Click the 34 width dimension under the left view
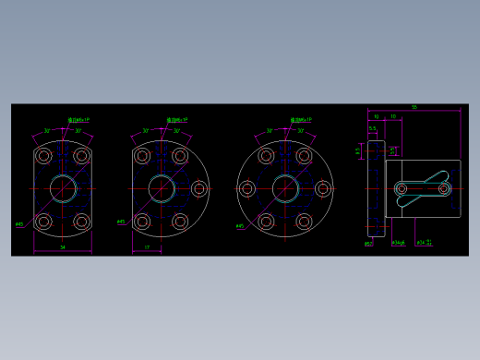click(x=63, y=247)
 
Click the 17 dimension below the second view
click(x=147, y=247)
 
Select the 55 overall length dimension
click(x=414, y=107)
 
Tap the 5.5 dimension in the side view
click(x=372, y=128)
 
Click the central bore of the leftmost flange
click(x=63, y=188)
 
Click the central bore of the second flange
click(x=162, y=188)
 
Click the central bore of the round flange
click(x=285, y=188)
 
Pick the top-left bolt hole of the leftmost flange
click(x=43, y=156)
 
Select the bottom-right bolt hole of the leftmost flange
click(x=81, y=222)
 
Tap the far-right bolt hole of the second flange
click(x=198, y=188)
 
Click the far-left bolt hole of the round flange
click(x=247, y=188)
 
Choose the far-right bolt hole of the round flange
click(x=323, y=188)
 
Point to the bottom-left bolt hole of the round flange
click(x=266, y=222)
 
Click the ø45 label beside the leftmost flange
click(x=19, y=224)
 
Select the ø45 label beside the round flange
click(x=240, y=226)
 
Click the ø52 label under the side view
click(x=368, y=245)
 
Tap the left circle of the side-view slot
click(x=402, y=189)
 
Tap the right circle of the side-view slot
click(x=444, y=188)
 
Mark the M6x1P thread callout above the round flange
click(x=301, y=119)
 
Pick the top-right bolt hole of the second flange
click(x=180, y=156)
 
